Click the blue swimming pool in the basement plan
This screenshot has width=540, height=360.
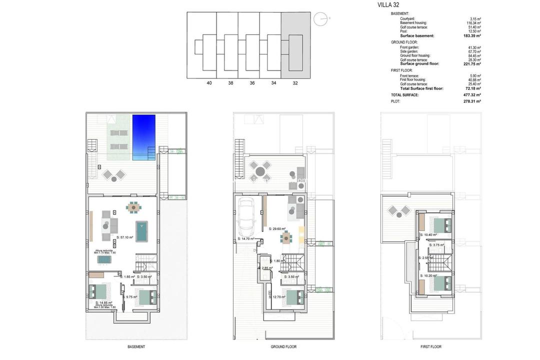[x=143, y=137]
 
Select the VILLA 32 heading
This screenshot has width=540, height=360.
[x=388, y=5]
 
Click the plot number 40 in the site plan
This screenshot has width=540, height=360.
[x=209, y=83]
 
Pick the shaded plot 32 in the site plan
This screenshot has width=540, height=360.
[x=295, y=45]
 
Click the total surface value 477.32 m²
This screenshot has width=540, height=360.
[x=471, y=94]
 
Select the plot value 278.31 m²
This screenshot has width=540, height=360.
[x=471, y=101]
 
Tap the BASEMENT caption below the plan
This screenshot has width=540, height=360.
[x=136, y=347]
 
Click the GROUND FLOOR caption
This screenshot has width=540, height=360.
[x=284, y=347]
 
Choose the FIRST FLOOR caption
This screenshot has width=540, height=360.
[x=430, y=347]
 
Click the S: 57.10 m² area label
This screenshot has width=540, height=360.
[x=124, y=237]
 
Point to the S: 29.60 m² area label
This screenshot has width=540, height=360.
[x=277, y=229]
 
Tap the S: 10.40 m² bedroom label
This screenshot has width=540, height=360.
[x=428, y=234]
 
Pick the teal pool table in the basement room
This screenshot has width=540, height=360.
[x=143, y=231]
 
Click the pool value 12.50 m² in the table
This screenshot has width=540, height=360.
[x=472, y=31]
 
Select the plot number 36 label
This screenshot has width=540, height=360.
[x=252, y=83]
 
